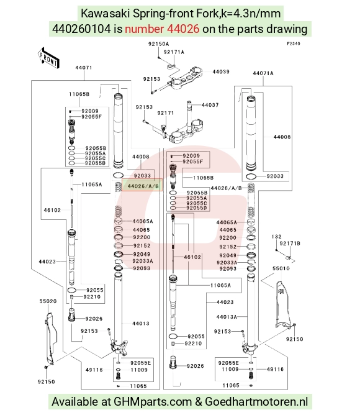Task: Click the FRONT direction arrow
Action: click(x=48, y=58)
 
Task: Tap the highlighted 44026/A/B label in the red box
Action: click(x=142, y=186)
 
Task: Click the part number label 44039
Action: click(x=221, y=71)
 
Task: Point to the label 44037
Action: click(x=210, y=105)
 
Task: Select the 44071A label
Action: click(x=263, y=73)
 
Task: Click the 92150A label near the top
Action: click(x=158, y=44)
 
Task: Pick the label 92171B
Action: click(x=290, y=244)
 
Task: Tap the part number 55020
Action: click(x=48, y=301)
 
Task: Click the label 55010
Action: click(x=281, y=268)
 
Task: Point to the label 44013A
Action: click(x=227, y=317)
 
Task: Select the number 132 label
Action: click(x=276, y=237)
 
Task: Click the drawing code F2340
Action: click(x=294, y=43)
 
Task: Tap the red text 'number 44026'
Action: click(x=162, y=29)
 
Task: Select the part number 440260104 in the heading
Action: click(x=81, y=29)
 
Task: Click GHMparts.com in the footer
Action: click(x=153, y=401)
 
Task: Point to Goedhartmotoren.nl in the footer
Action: click(x=256, y=401)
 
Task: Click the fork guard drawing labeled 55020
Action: click(x=50, y=339)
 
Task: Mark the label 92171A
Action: click(x=174, y=52)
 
